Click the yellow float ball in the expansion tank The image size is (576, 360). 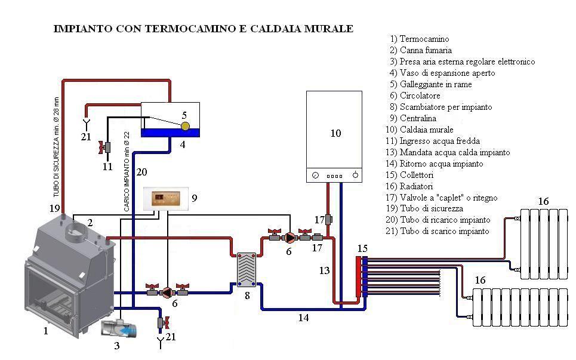point(185,126)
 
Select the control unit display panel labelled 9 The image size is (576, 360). point(165,199)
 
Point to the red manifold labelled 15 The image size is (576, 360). point(361,276)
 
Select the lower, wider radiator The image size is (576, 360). point(519,308)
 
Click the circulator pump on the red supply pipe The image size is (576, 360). point(289,238)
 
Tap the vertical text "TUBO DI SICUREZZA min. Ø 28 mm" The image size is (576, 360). point(56,149)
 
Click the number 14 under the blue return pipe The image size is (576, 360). point(303,318)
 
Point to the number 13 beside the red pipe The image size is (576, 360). point(324,271)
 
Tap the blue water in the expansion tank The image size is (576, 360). point(170,133)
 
